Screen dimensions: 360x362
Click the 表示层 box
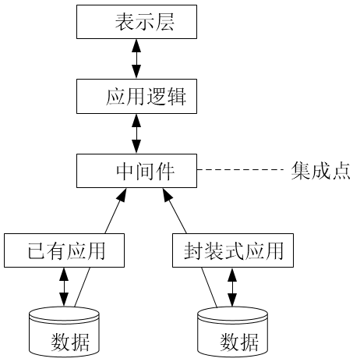136,22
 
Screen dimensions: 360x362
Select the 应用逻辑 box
136,97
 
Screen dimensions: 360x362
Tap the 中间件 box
136,171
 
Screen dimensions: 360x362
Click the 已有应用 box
64,250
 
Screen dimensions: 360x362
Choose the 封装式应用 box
233,250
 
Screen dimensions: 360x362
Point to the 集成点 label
320,171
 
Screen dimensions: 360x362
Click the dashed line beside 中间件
241,170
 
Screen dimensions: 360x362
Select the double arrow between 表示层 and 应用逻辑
136,59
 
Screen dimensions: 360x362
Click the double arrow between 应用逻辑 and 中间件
136,133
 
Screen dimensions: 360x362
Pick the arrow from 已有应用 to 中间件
116,211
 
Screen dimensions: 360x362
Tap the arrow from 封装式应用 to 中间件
175,211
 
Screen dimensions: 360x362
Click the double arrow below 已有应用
64,287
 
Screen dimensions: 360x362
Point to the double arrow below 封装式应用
232,287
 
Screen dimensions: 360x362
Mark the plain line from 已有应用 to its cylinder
83,287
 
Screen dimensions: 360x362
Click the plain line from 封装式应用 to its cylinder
209,287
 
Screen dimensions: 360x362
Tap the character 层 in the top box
164,22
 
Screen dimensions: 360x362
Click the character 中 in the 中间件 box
125,172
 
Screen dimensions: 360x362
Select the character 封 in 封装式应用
193,251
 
